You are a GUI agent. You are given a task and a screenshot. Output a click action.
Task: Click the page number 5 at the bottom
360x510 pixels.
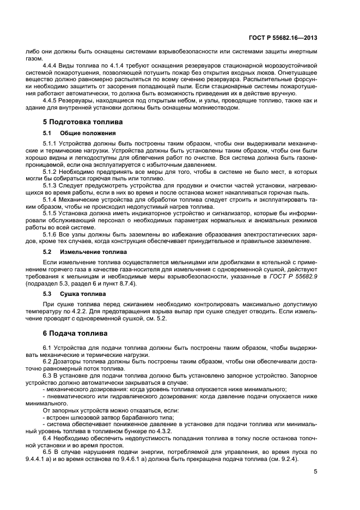coord(315,472)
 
